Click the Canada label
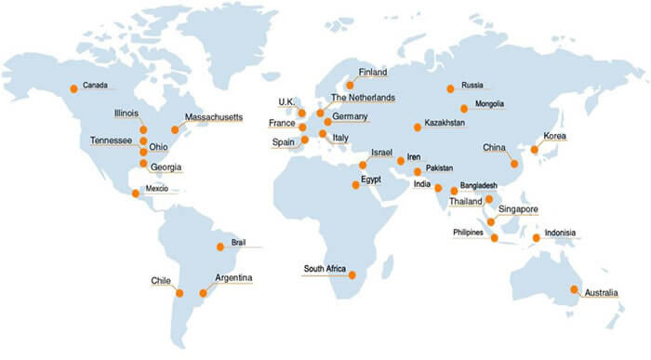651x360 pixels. point(96,86)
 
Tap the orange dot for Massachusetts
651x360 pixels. point(175,129)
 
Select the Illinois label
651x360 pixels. point(127,113)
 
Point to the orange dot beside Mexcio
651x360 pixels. point(136,193)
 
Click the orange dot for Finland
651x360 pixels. point(350,85)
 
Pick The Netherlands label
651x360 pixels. point(363,98)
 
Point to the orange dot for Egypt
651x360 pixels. point(353,185)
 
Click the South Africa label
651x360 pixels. point(325,270)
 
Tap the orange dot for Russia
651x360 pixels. point(450,88)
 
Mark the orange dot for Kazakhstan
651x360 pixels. point(418,127)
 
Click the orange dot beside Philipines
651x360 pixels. point(495,239)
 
